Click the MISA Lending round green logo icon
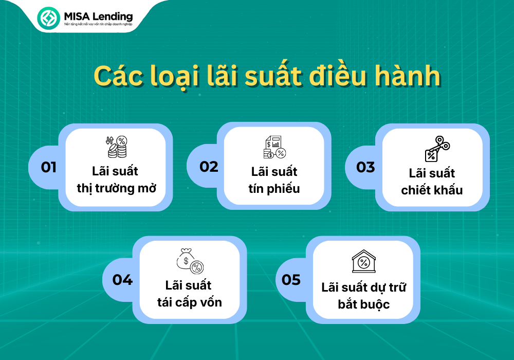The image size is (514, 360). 48,17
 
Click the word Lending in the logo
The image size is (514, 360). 113,17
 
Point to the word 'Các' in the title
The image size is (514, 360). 118,76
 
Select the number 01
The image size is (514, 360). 48,167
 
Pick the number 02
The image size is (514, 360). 209,167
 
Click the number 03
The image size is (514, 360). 365,167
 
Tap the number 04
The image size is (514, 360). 122,280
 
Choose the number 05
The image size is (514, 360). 291,280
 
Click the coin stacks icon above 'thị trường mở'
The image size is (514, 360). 117,147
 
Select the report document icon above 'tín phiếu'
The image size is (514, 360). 274,147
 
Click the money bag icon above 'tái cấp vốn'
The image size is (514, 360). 190,261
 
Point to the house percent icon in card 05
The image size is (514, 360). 363,261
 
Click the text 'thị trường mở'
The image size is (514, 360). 116,189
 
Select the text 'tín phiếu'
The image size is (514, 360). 274,189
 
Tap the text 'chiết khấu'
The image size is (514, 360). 432,190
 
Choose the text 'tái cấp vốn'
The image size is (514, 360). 190,302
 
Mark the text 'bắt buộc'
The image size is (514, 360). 364,304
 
